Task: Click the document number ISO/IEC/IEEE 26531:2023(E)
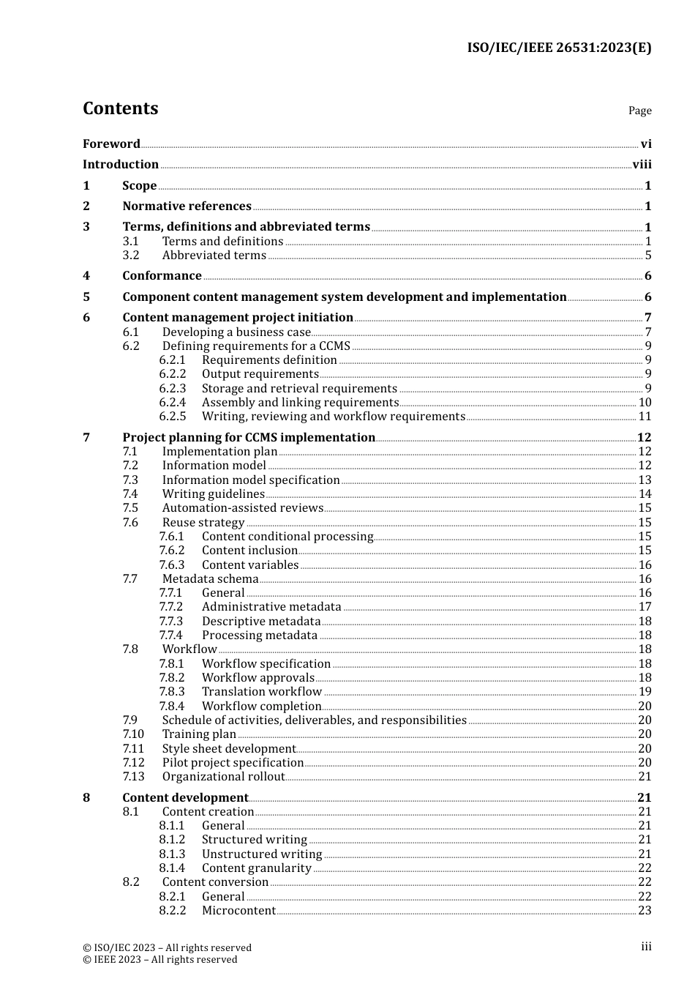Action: pyautogui.click(x=559, y=48)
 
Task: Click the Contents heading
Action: pyautogui.click(x=120, y=108)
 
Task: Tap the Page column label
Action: pyautogui.click(x=639, y=111)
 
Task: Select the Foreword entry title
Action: pyautogui.click(x=111, y=144)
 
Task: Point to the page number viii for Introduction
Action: pyautogui.click(x=642, y=165)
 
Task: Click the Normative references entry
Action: pyautogui.click(x=187, y=206)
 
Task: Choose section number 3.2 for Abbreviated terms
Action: pyautogui.click(x=131, y=256)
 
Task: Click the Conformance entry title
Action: pyautogui.click(x=162, y=276)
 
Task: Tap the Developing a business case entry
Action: pyautogui.click(x=236, y=332)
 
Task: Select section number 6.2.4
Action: pyautogui.click(x=173, y=403)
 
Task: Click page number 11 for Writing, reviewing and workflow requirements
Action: pyautogui.click(x=645, y=417)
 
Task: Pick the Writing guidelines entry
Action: pyautogui.click(x=213, y=494)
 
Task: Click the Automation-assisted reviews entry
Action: pyautogui.click(x=242, y=508)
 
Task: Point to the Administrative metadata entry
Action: pyautogui.click(x=271, y=607)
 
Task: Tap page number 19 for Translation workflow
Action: pyautogui.click(x=645, y=692)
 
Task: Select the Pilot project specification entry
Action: pyautogui.click(x=233, y=763)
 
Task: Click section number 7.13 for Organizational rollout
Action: pyautogui.click(x=133, y=777)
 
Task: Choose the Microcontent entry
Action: pyautogui.click(x=238, y=911)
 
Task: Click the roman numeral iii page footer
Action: pyautogui.click(x=646, y=947)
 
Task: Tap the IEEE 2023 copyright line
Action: pyautogui.click(x=159, y=960)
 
